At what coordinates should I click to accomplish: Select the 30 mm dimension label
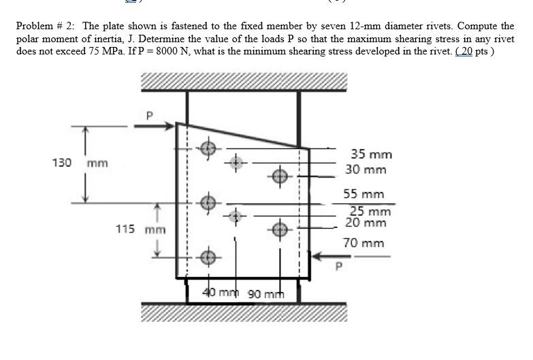366,169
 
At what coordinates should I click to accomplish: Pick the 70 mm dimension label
364,243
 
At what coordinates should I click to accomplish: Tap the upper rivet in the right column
280,176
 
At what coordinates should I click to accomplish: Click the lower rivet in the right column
280,229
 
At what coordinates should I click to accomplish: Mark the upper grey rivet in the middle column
236,163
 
